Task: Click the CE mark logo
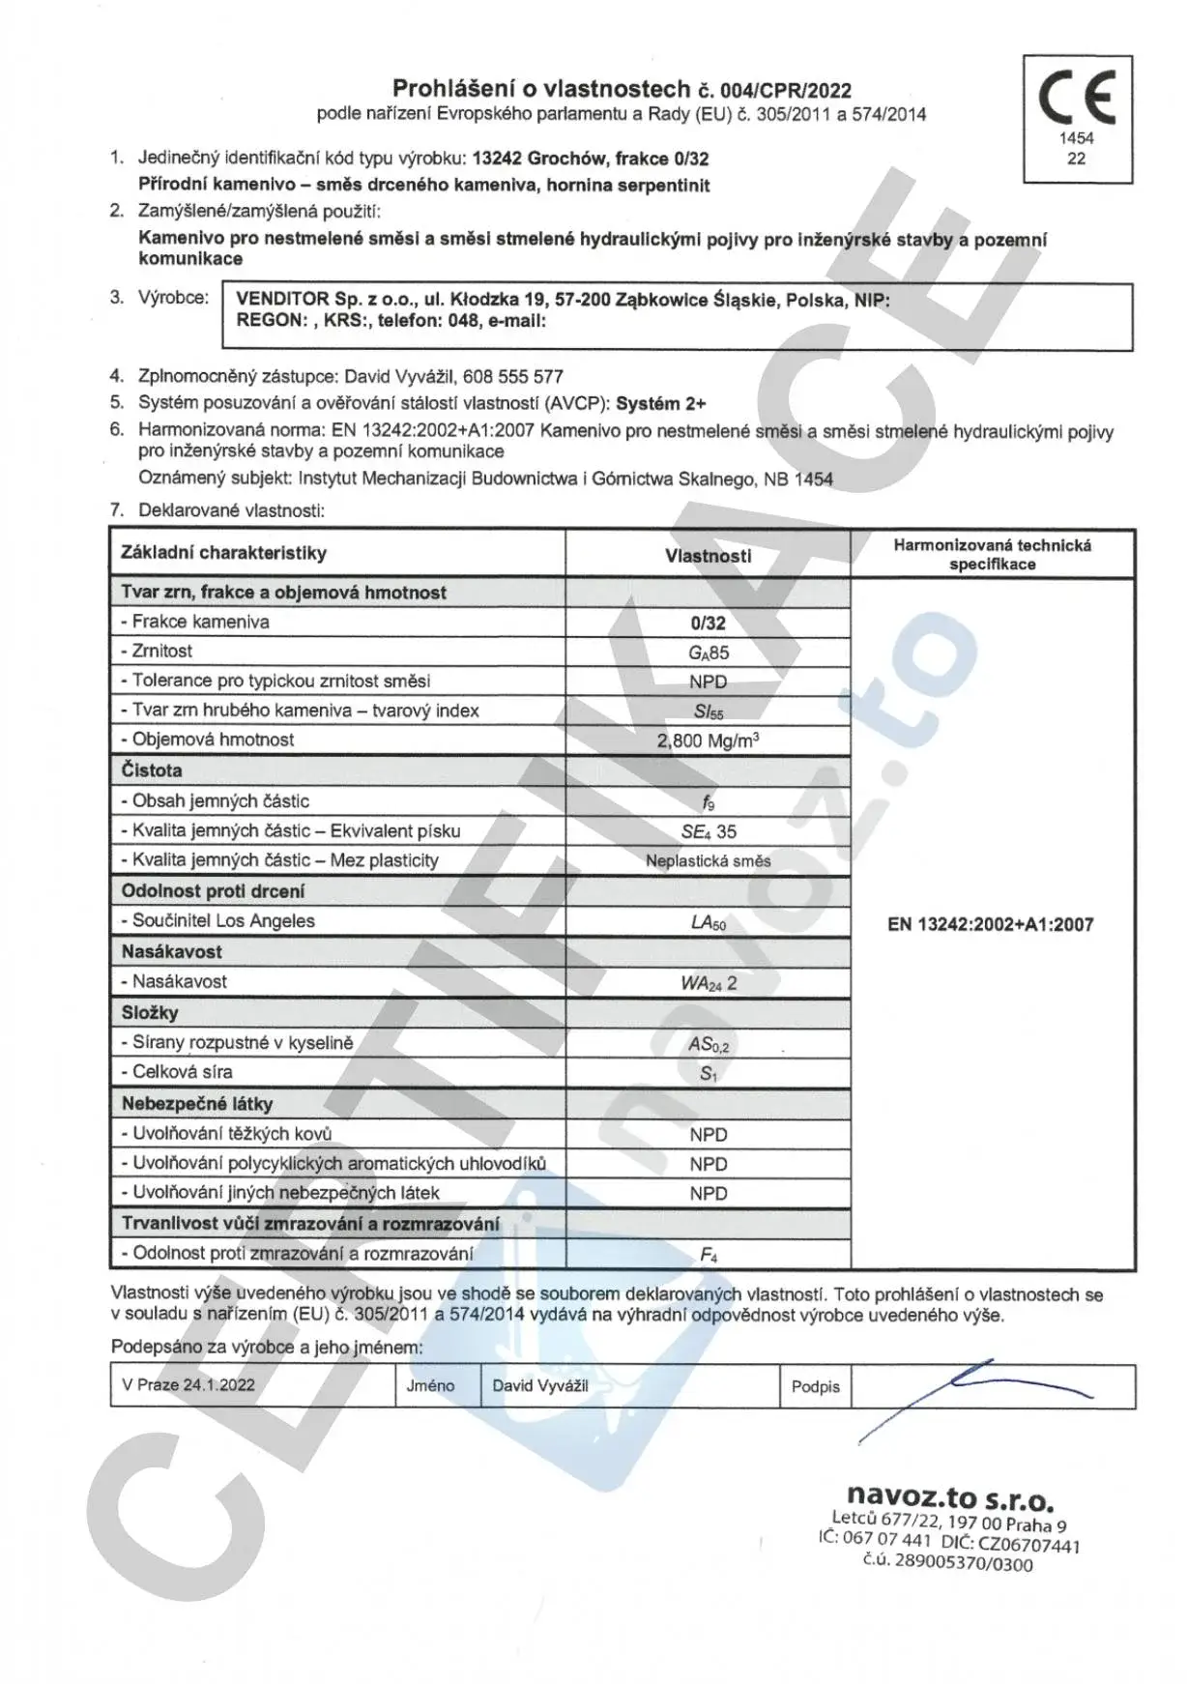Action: pos(1077,97)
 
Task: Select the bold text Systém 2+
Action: pos(660,404)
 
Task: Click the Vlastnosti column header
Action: pos(708,556)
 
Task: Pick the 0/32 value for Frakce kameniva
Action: pos(708,624)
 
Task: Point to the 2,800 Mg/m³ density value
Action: pos(708,741)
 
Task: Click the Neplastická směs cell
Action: pos(708,861)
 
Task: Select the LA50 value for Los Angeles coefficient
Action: pos(708,922)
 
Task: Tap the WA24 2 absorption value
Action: pos(708,983)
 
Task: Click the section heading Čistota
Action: pos(152,770)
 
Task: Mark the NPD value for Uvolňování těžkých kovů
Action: pos(708,1135)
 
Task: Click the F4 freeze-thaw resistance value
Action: pos(708,1255)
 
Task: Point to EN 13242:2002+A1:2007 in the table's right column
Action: pos(990,924)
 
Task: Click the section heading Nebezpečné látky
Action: pos(197,1104)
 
